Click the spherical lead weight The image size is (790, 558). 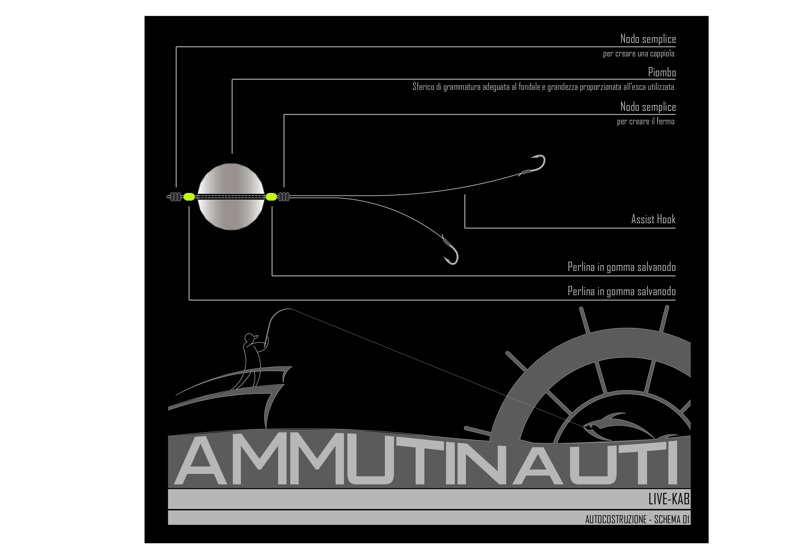[231, 197]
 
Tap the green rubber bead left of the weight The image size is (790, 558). [189, 197]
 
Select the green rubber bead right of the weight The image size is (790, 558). [271, 197]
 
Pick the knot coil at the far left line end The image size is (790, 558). [175, 197]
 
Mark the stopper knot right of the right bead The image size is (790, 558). [284, 197]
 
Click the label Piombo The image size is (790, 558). [662, 72]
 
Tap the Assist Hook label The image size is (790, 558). [653, 219]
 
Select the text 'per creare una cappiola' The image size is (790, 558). [639, 54]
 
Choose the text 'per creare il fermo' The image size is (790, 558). [645, 122]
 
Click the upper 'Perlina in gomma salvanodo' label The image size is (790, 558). [621, 267]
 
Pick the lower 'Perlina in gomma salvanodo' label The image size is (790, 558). [621, 291]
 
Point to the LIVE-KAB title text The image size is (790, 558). [669, 499]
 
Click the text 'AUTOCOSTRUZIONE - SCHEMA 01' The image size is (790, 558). [637, 519]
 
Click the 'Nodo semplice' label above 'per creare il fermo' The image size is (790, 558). [648, 107]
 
